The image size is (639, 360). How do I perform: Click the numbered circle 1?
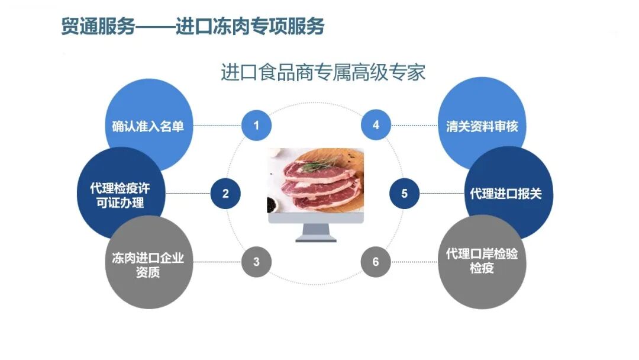(256, 125)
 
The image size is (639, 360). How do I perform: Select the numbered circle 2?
(225, 193)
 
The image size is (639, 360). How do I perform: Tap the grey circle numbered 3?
(256, 261)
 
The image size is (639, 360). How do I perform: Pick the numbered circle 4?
(376, 125)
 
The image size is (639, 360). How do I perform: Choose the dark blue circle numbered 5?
(405, 193)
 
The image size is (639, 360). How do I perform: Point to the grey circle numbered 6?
(376, 261)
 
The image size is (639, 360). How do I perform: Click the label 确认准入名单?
(148, 126)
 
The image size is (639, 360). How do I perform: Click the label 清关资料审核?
(482, 126)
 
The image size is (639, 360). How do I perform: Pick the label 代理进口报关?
(506, 194)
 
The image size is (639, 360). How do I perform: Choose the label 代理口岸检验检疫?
(482, 261)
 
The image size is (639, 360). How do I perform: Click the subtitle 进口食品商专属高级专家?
(322, 73)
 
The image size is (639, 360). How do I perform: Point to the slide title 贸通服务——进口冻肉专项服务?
(193, 27)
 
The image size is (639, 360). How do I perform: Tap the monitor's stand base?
(315, 239)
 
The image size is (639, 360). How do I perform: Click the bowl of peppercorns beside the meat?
(273, 204)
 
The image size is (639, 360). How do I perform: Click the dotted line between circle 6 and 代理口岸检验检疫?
(414, 261)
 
